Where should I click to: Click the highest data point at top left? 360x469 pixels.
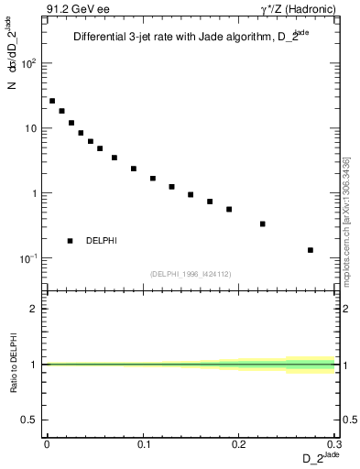[52, 101]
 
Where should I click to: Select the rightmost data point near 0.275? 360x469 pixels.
[311, 250]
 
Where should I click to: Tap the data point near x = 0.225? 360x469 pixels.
[263, 224]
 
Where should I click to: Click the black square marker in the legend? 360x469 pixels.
[71, 241]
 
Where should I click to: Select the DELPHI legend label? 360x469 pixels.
[101, 241]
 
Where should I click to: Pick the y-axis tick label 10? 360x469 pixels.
[31, 128]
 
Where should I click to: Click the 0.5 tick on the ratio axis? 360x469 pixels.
[32, 420]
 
